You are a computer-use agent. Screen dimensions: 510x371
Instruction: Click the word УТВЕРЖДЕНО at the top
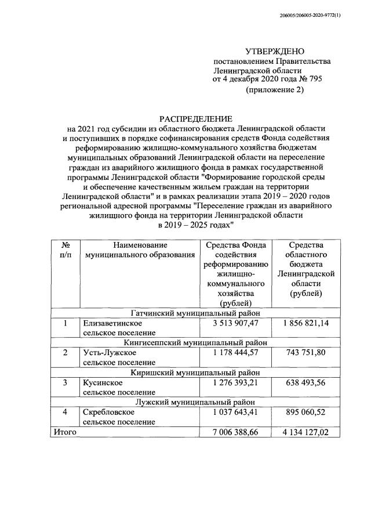point(274,52)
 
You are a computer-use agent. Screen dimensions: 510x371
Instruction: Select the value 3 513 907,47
point(235,323)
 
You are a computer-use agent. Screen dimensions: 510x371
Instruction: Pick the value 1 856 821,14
point(305,323)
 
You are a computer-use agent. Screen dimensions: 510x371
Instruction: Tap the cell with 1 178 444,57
point(235,352)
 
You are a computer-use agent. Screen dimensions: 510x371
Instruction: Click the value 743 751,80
point(305,352)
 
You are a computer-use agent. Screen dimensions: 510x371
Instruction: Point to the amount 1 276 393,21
point(235,382)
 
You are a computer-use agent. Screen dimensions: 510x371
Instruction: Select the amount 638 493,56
point(305,382)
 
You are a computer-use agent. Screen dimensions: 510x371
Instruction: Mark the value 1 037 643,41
point(235,412)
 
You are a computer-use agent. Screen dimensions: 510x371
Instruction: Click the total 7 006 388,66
point(235,432)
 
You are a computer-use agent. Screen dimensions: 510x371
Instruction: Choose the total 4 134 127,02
point(305,432)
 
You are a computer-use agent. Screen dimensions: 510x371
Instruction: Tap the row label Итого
point(64,432)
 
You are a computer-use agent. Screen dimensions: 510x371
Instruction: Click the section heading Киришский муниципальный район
point(195,372)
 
